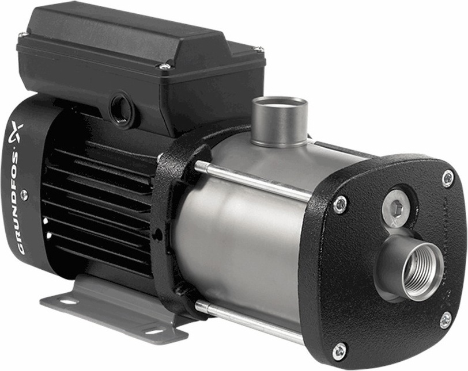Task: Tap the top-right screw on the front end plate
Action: click(x=448, y=178)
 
